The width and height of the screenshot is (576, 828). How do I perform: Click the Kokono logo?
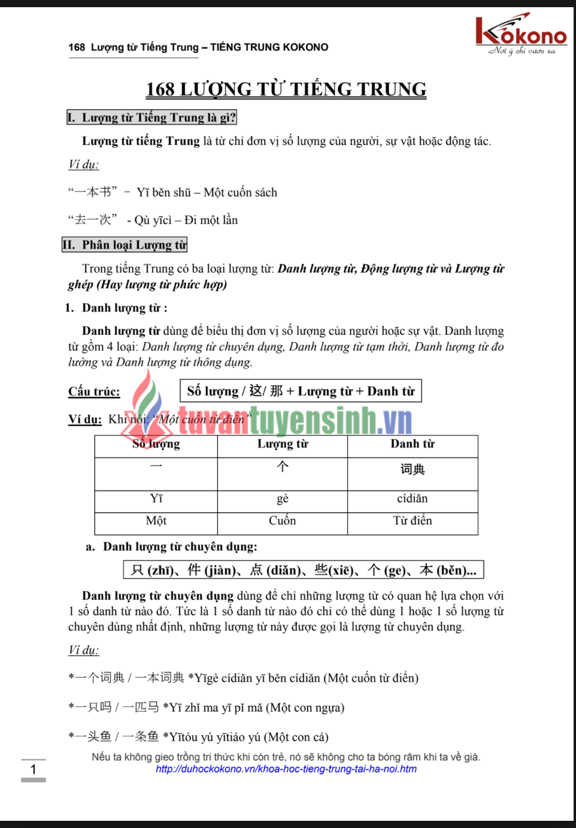[x=520, y=34]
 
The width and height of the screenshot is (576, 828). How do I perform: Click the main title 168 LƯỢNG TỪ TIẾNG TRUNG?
[x=286, y=89]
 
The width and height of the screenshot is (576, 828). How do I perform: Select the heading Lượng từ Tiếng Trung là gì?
[x=152, y=117]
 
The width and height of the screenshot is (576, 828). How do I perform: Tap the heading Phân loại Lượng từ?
[x=125, y=244]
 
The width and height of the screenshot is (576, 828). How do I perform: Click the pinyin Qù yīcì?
[x=153, y=220]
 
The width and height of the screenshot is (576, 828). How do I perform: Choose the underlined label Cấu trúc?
[x=94, y=391]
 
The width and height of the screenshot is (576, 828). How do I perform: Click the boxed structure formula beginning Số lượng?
[x=301, y=391]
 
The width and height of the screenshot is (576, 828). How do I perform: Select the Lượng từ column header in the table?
[x=283, y=444]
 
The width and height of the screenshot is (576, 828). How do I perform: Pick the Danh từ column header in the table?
[x=413, y=444]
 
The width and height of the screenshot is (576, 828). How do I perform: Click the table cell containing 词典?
[x=413, y=469]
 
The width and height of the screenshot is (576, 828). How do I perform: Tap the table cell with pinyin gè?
[x=283, y=498]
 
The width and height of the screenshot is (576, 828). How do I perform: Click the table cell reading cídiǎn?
[x=413, y=498]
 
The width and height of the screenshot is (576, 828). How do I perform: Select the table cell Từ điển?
[x=413, y=521]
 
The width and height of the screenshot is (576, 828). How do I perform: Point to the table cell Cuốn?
[x=283, y=521]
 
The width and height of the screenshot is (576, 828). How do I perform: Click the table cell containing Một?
[x=156, y=521]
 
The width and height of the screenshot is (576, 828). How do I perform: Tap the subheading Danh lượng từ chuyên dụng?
[x=180, y=546]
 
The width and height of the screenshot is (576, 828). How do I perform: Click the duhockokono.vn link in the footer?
[x=286, y=769]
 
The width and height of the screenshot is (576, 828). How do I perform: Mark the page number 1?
[x=34, y=769]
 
